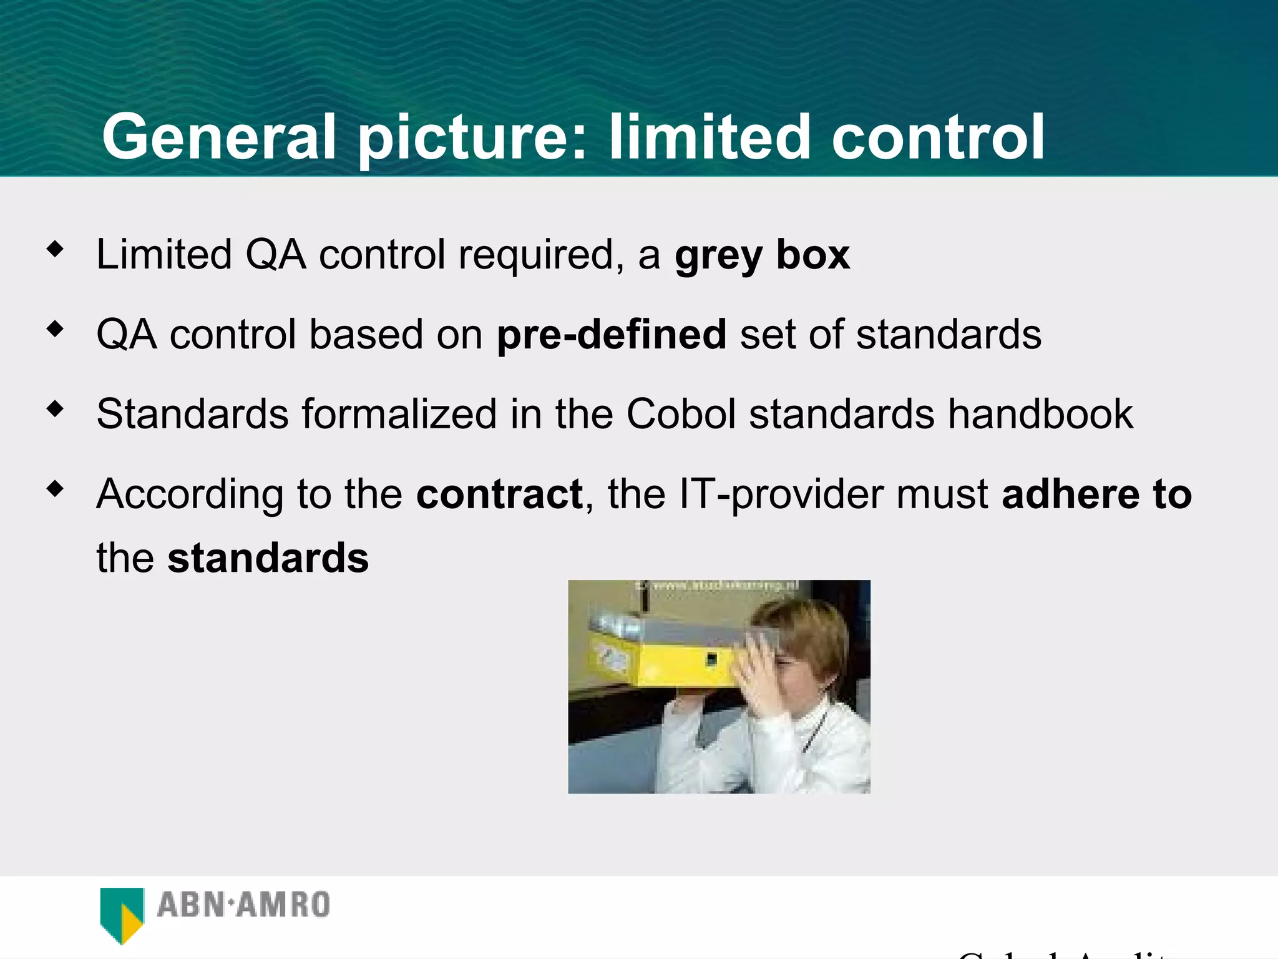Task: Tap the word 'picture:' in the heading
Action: pyautogui.click(x=472, y=137)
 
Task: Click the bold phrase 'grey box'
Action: pyautogui.click(x=762, y=255)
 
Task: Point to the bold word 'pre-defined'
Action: pyautogui.click(x=611, y=335)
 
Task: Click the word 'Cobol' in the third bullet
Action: pyautogui.click(x=681, y=414)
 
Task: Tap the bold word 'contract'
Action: pyautogui.click(x=499, y=494)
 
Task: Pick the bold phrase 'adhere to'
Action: pyautogui.click(x=1096, y=494)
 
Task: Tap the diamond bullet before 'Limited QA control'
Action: pyautogui.click(x=56, y=249)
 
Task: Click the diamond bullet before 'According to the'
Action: pyautogui.click(x=56, y=488)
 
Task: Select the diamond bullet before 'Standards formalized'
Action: pyautogui.click(x=56, y=409)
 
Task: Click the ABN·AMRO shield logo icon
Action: pyautogui.click(x=122, y=913)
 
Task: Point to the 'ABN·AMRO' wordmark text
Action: pyautogui.click(x=243, y=905)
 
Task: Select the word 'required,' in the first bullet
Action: pyautogui.click(x=540, y=255)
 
